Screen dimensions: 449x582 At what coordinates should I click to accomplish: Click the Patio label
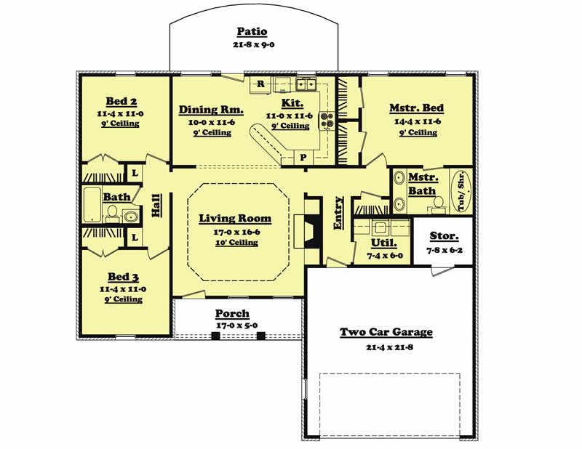pos(252,32)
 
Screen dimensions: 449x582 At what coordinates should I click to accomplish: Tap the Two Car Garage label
pos(386,332)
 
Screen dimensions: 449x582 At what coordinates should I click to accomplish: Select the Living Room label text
pos(235,218)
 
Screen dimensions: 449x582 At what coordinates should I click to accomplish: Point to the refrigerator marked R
pos(260,84)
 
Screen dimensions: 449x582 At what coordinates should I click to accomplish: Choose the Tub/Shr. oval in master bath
pos(461,191)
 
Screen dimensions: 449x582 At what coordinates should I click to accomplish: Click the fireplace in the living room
pos(310,232)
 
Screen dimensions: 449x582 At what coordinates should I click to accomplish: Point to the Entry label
pos(338,214)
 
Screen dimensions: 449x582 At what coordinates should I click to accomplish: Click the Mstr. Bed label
pos(416,108)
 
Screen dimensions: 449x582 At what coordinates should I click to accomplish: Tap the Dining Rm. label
pos(211,110)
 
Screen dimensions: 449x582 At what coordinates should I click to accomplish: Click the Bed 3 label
pos(121,276)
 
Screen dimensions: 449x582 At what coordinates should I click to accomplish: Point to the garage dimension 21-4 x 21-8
pos(386,347)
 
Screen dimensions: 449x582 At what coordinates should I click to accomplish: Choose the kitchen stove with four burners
pos(327,120)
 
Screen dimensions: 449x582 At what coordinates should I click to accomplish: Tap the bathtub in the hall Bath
pos(92,205)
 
